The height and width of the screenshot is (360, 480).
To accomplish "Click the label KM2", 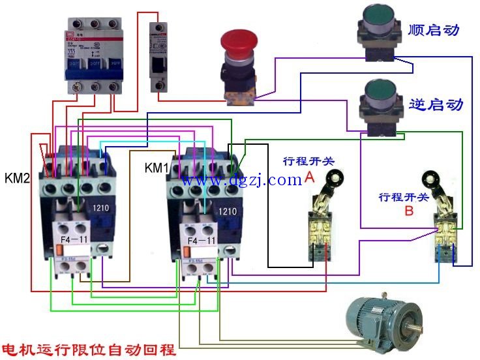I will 18,178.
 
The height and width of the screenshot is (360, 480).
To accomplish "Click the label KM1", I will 157,169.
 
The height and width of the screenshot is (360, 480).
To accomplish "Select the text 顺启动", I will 434,30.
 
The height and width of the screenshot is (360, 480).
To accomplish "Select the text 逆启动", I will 435,104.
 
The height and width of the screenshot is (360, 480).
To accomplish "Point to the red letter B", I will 408,211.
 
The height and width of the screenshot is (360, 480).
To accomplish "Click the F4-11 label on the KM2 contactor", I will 74,241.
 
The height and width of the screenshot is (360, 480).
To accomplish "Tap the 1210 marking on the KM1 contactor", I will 228,211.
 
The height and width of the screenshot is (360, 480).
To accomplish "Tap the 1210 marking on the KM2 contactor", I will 101,208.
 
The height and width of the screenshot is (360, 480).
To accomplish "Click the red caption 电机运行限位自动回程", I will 88,349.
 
